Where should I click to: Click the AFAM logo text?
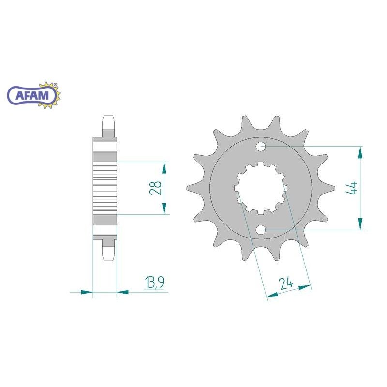pyautogui.click(x=32, y=95)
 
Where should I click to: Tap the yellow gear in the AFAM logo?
pyautogui.click(x=51, y=95)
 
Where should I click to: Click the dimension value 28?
pyautogui.click(x=156, y=188)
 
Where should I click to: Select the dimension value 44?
pyautogui.click(x=352, y=188)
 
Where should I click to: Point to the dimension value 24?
pyautogui.click(x=286, y=283)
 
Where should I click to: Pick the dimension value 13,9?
pyautogui.click(x=154, y=282)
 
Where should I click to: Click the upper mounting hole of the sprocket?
pyautogui.click(x=260, y=147)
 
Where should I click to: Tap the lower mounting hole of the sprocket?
pyautogui.click(x=260, y=230)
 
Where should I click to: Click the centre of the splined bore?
pyautogui.click(x=261, y=188)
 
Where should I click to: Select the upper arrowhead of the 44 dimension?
pyautogui.click(x=360, y=152)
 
